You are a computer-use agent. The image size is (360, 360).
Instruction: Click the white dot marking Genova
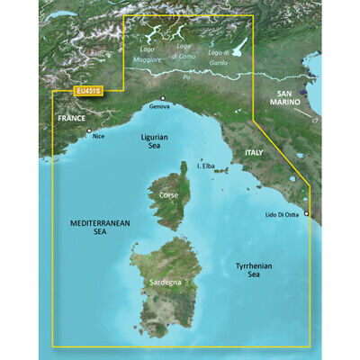[x=163, y=98]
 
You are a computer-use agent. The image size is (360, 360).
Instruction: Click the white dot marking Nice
[x=89, y=131]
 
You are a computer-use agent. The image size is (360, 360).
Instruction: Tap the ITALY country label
[x=254, y=156]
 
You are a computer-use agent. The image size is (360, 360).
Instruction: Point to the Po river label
[x=187, y=79]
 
